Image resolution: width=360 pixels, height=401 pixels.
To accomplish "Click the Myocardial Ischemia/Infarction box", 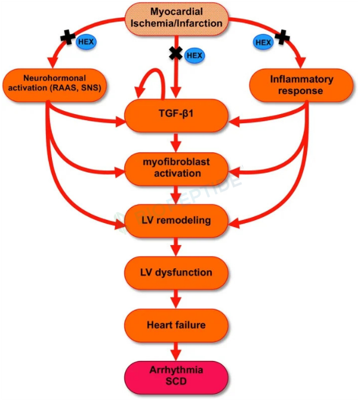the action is coord(176,19).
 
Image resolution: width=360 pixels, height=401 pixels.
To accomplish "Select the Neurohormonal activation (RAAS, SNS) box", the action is coord(54,85).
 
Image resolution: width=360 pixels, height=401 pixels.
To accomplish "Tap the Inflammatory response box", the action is coord(301,85).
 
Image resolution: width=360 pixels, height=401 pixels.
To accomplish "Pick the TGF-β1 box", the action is coord(176,115).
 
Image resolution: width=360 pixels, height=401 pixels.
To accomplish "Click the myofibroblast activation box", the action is coord(176,169).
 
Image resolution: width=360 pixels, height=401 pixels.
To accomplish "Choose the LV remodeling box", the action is coord(176,221).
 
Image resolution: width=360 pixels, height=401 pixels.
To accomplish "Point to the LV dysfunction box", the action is coord(176,273).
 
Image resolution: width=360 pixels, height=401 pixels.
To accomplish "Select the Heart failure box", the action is coord(176,325).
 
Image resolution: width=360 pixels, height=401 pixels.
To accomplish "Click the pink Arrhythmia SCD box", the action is coord(176,377).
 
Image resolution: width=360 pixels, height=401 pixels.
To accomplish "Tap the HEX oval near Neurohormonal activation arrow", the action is coord(86,42).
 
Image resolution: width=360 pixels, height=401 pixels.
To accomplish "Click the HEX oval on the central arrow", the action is coord(195,56).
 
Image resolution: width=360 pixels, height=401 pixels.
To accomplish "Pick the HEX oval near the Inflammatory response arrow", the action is coord(263,42).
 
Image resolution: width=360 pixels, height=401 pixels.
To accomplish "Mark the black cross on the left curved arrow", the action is coord(68,37).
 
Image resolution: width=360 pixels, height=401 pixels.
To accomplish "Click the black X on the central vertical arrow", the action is coord(176,53).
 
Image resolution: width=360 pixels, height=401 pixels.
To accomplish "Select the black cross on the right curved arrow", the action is coord(282,37).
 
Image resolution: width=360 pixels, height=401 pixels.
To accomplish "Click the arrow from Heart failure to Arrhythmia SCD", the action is coord(176,351).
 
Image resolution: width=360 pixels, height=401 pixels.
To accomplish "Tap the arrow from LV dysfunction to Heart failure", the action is coord(176,299).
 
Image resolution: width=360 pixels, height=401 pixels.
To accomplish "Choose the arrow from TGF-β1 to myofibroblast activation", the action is coord(176,142).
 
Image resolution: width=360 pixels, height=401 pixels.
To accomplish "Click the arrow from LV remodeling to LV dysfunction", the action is coord(176,247).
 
